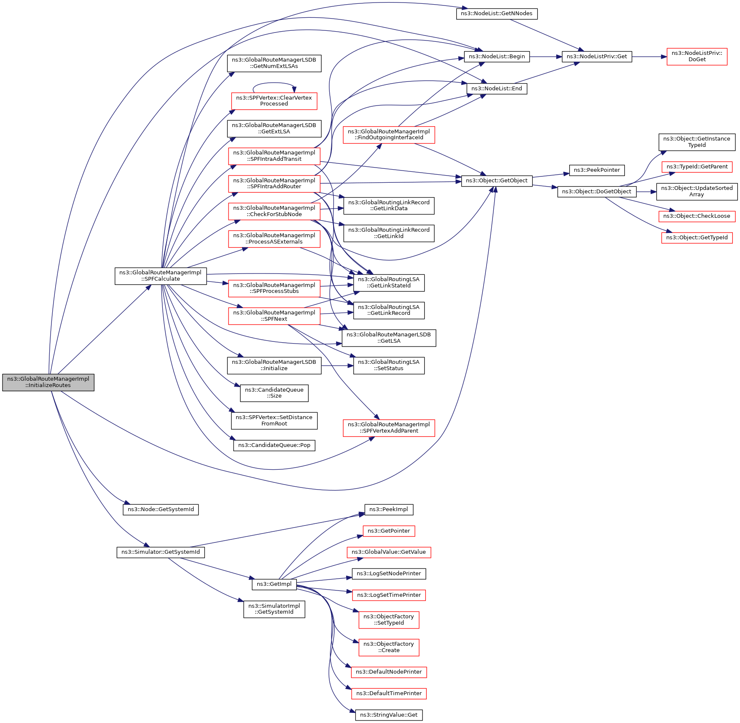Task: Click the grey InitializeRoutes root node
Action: pyautogui.click(x=48, y=382)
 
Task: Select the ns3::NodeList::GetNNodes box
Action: pyautogui.click(x=497, y=14)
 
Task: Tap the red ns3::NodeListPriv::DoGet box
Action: pyautogui.click(x=697, y=57)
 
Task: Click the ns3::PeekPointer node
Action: pyautogui.click(x=597, y=170)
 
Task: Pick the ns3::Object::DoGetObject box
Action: pyautogui.click(x=597, y=192)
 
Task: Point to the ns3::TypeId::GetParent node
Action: pyautogui.click(x=697, y=167)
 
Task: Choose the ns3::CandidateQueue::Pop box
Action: pyautogui.click(x=274, y=445)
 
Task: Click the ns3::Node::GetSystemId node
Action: pyautogui.click(x=161, y=509)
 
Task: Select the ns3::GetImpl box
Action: pyautogui.click(x=274, y=584)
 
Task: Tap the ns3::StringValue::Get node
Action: pyautogui.click(x=389, y=715)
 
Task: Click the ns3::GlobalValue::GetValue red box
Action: pyautogui.click(x=389, y=552)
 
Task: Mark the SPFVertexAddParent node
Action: pyautogui.click(x=389, y=428)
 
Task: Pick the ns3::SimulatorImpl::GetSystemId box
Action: pyautogui.click(x=274, y=609)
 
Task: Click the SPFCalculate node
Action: pyautogui.click(x=161, y=276)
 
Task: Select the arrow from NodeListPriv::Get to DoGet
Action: pyautogui.click(x=649, y=57)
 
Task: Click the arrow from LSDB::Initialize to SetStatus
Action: pyautogui.click(x=337, y=366)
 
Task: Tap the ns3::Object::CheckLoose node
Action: pyautogui.click(x=697, y=216)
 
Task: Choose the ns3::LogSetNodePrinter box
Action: pyautogui.click(x=389, y=574)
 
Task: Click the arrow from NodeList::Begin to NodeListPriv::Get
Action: pyautogui.click(x=546, y=57)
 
